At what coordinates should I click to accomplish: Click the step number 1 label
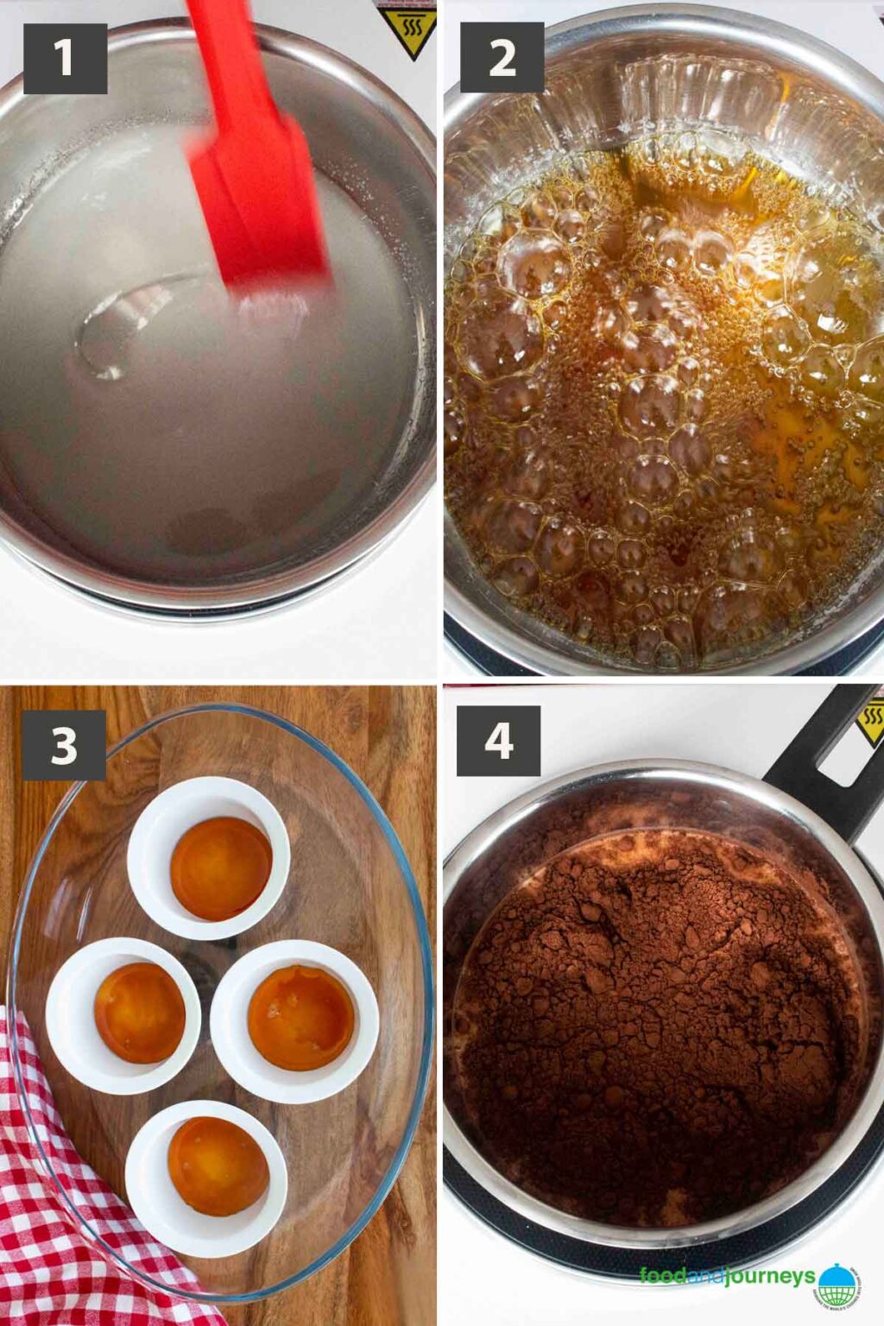click(65, 59)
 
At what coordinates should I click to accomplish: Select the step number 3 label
click(64, 745)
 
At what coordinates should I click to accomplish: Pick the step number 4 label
click(498, 741)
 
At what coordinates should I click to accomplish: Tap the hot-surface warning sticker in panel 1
click(407, 31)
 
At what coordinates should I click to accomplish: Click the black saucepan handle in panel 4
click(820, 760)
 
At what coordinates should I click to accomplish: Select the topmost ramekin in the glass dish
click(209, 857)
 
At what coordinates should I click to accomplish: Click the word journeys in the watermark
click(769, 1277)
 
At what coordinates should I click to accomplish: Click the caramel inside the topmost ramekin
click(221, 868)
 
